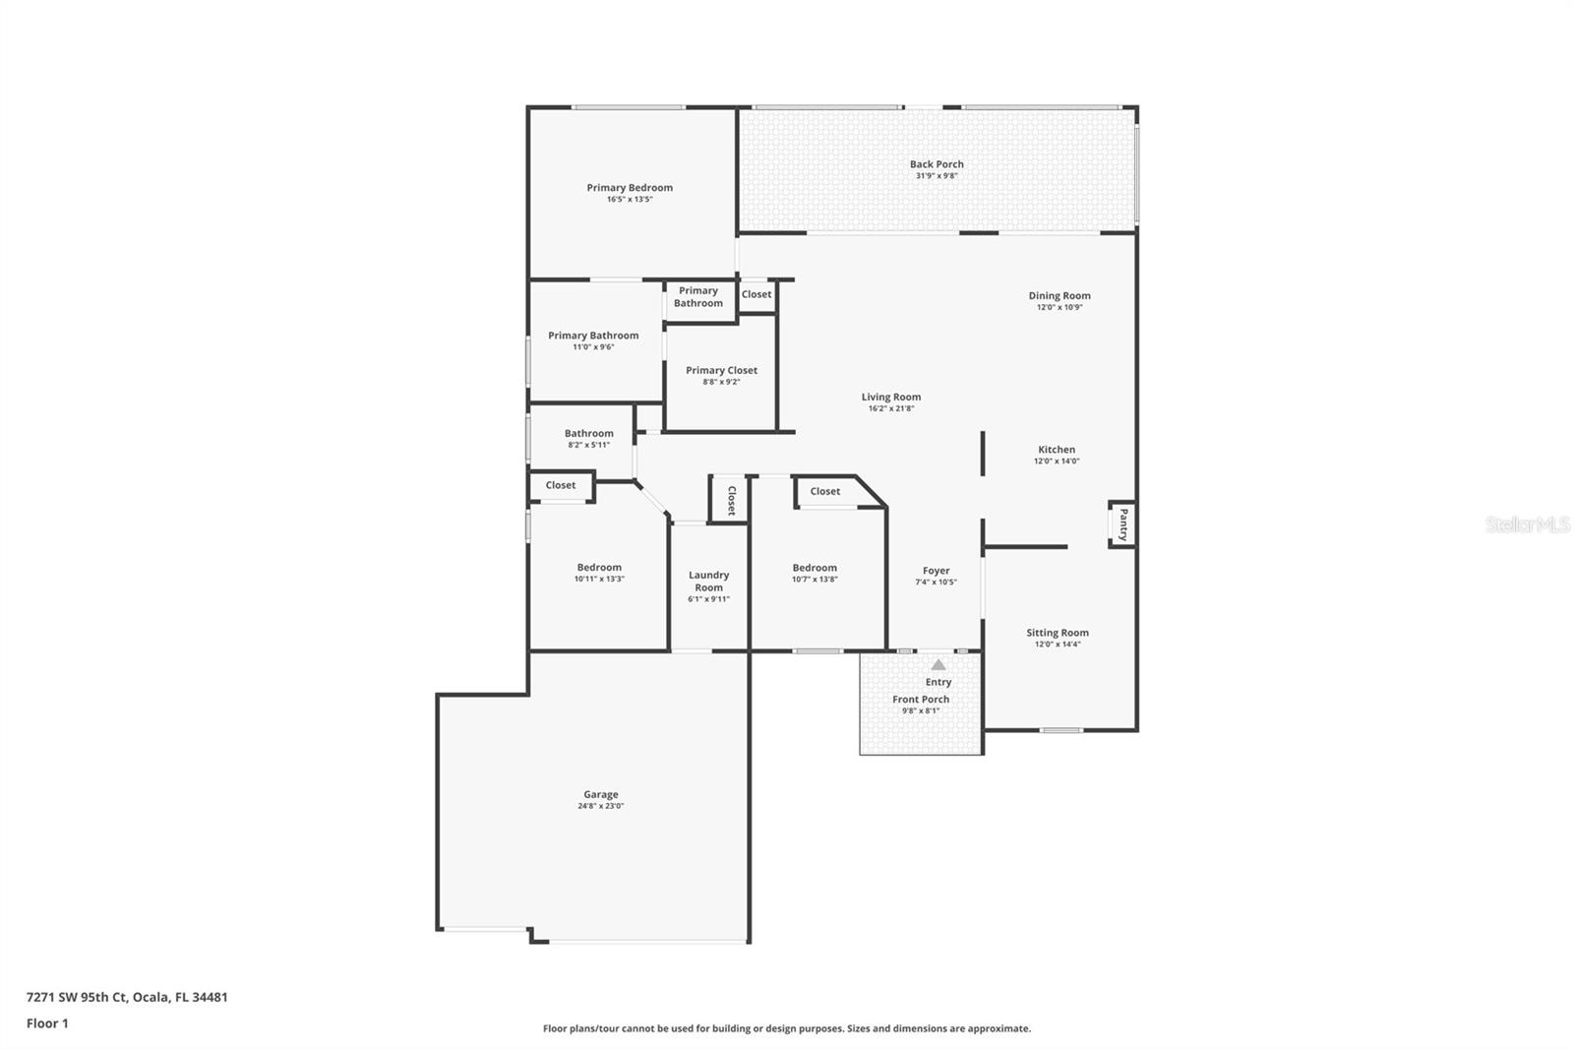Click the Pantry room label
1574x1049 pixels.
tap(1122, 524)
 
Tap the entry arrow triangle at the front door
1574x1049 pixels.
tap(938, 665)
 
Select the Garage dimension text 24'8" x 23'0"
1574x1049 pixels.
tap(600, 806)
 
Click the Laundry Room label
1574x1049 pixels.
tap(708, 581)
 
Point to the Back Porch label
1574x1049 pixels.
tap(937, 164)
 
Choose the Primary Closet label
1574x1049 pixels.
tap(721, 370)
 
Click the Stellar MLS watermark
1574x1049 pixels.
tap(1527, 525)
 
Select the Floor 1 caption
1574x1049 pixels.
tap(47, 1023)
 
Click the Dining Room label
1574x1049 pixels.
tap(1059, 295)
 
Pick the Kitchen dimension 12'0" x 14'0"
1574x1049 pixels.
tap(1057, 461)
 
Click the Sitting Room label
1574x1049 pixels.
tap(1058, 633)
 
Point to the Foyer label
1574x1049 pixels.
tap(936, 571)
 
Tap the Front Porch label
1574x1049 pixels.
tap(921, 700)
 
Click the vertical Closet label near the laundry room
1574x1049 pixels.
tap(731, 500)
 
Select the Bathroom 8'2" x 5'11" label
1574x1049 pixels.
tap(588, 433)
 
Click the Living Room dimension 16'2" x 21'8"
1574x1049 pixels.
tap(891, 408)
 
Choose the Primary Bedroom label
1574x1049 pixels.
tap(630, 188)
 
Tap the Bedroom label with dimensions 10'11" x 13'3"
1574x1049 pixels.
tap(599, 568)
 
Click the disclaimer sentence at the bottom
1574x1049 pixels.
tap(787, 1028)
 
